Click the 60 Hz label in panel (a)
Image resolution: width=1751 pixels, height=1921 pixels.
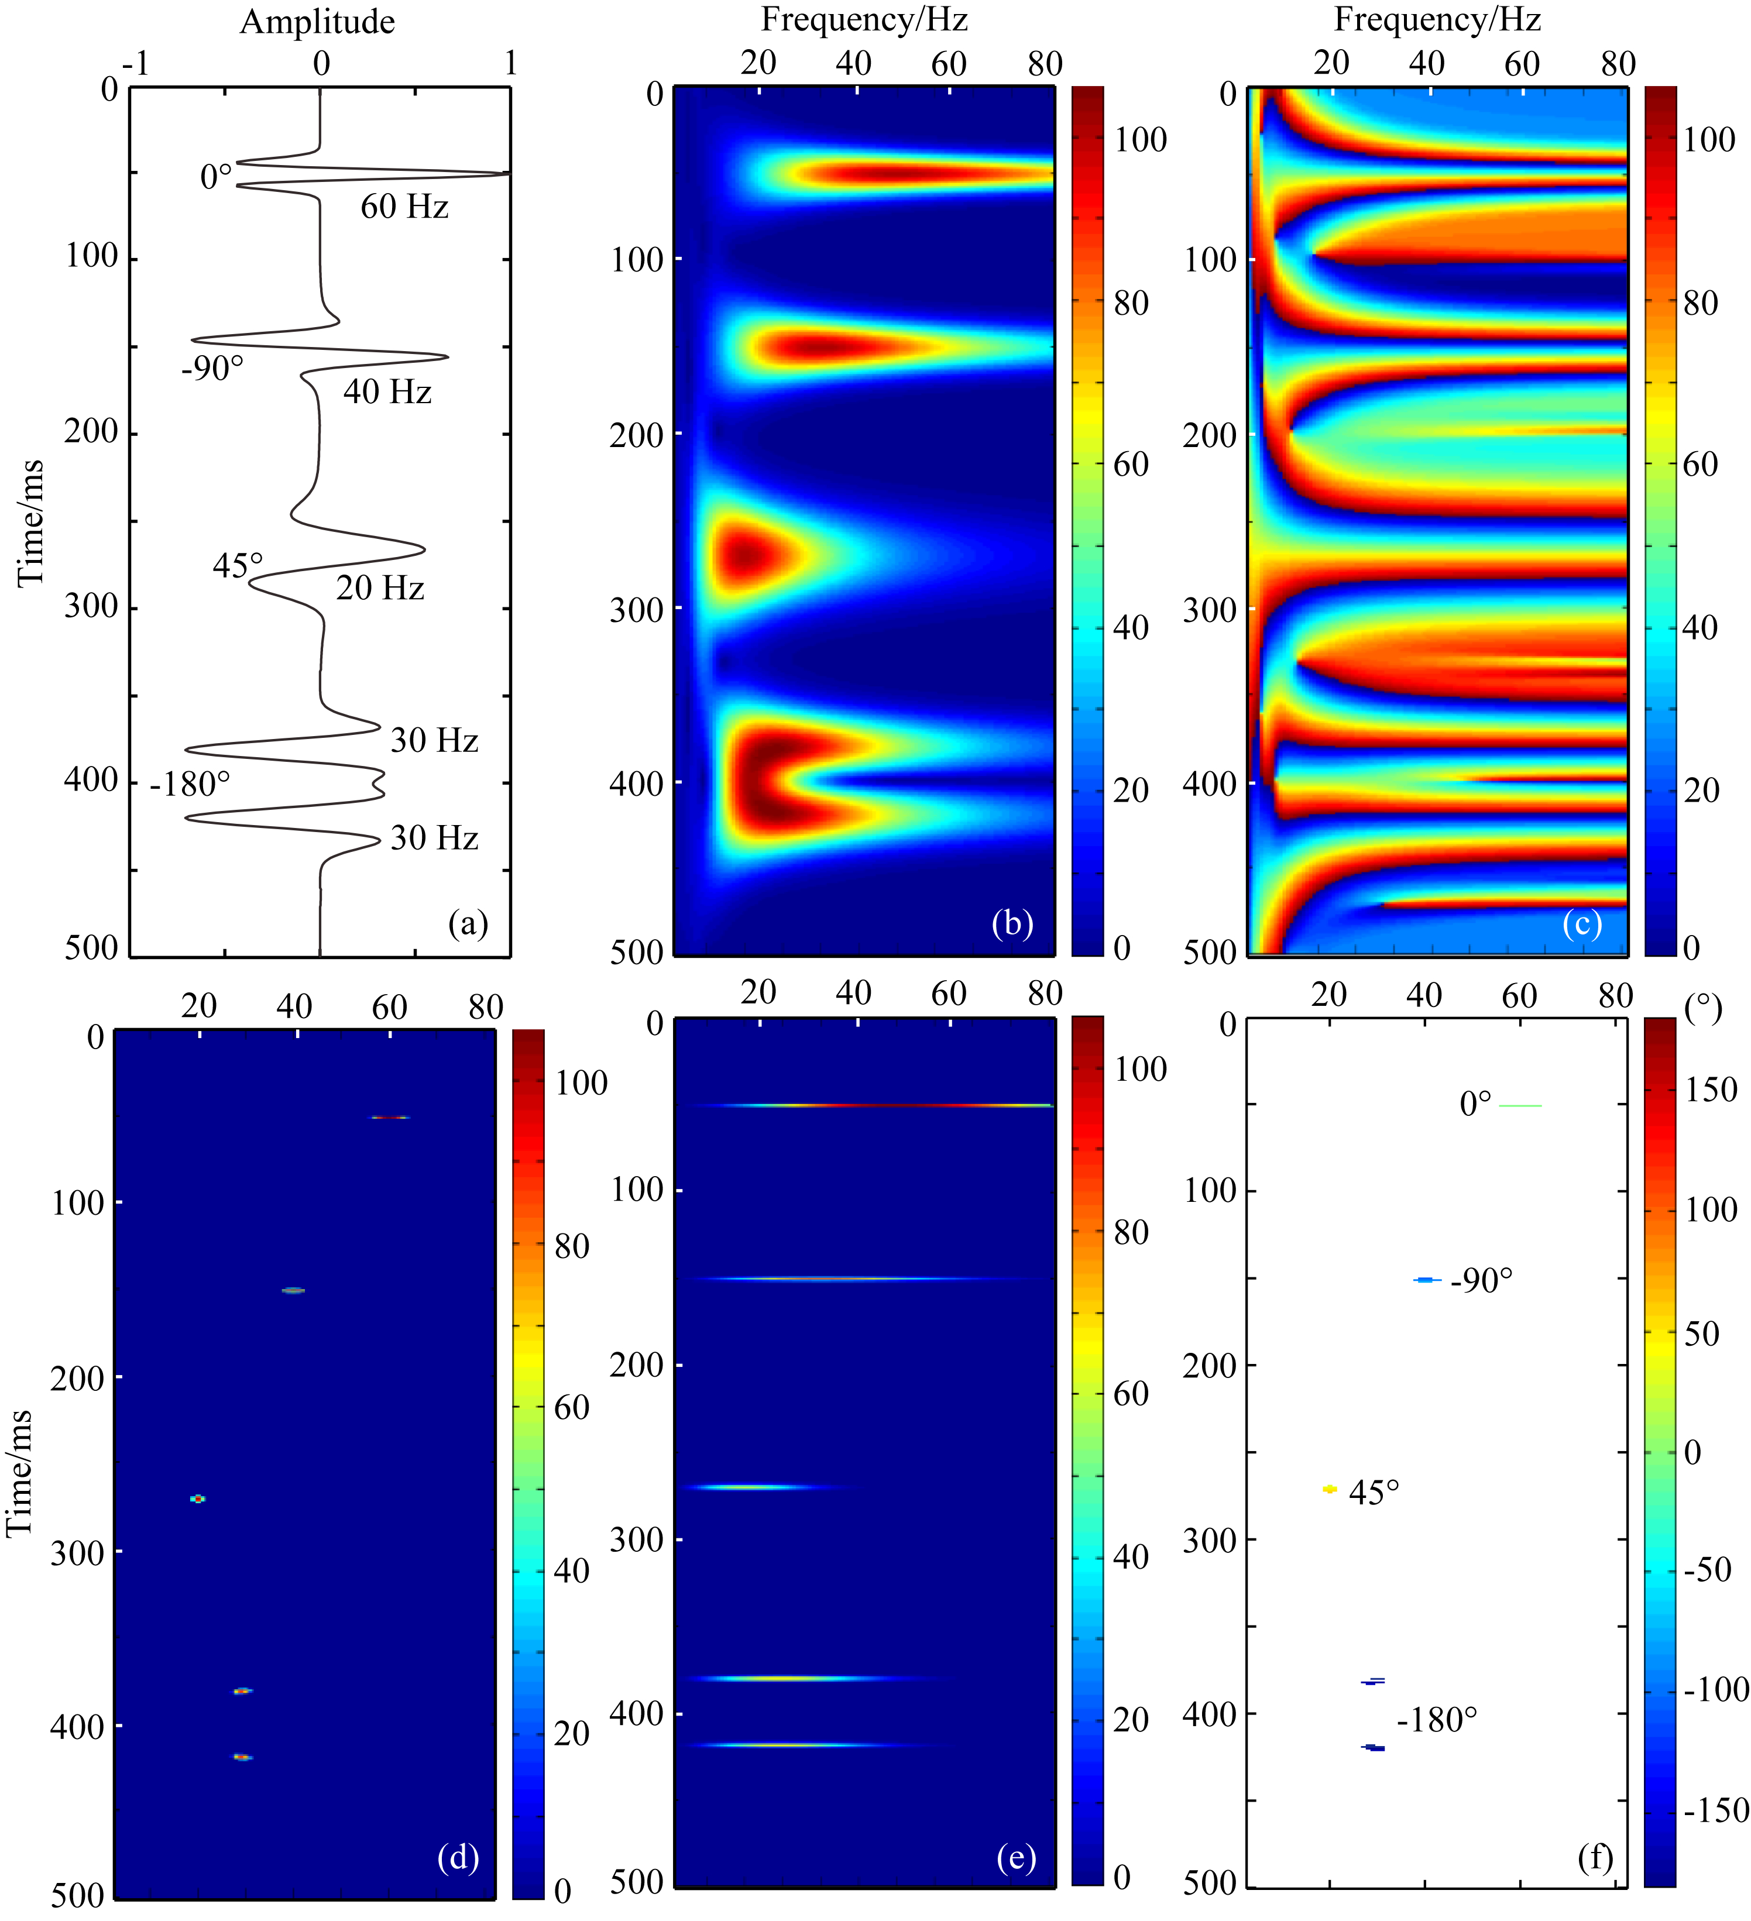(404, 207)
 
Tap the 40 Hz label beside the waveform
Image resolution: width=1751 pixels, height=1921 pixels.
(387, 391)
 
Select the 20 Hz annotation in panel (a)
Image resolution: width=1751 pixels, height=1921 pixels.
(379, 588)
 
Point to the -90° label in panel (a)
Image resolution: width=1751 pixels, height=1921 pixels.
(212, 368)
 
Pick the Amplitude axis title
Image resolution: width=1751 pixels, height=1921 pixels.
(317, 22)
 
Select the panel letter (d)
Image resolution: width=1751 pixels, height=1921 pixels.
(458, 1856)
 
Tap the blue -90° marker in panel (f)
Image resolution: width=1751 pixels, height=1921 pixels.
(1426, 1280)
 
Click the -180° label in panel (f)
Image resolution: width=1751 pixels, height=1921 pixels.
(1437, 1720)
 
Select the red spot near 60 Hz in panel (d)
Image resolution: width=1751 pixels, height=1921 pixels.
(390, 1117)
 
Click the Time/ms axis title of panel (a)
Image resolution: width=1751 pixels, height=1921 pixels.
(30, 522)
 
